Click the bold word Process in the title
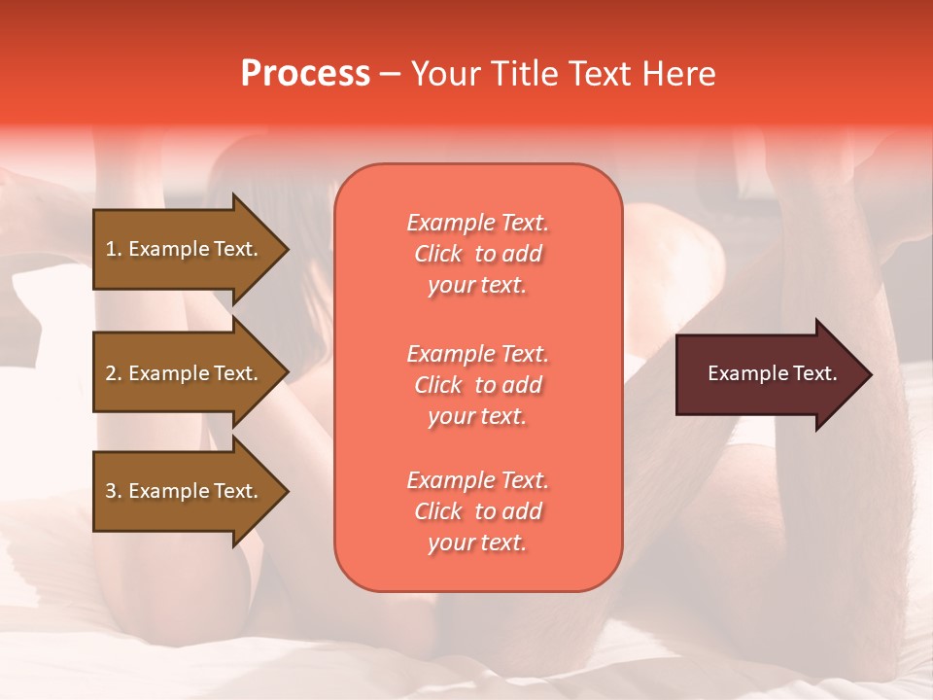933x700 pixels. (x=305, y=74)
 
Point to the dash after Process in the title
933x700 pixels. (x=390, y=75)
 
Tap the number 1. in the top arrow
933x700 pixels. (x=114, y=249)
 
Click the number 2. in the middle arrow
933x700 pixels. (x=114, y=373)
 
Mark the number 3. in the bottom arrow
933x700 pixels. (x=114, y=491)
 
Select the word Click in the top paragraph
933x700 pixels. (x=438, y=254)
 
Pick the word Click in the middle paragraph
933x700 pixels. (x=438, y=385)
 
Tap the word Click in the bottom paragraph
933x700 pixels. (x=438, y=511)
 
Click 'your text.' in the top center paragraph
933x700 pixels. (x=477, y=286)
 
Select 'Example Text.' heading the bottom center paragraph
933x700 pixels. (x=477, y=480)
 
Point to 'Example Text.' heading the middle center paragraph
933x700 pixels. (x=477, y=354)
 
